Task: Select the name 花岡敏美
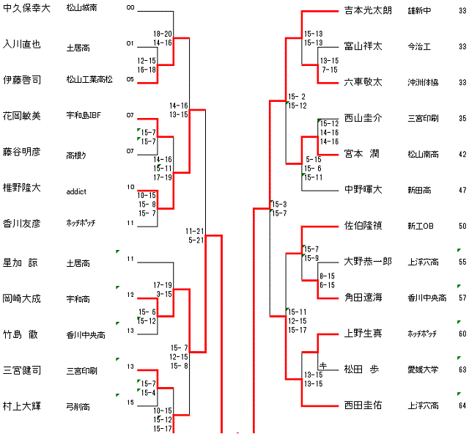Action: point(22,116)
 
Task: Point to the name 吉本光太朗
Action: point(367,11)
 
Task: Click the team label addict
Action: point(76,191)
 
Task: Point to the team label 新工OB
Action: point(421,227)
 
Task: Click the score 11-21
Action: point(196,231)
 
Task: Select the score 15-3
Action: point(278,204)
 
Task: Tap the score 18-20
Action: point(163,34)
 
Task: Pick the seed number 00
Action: point(130,8)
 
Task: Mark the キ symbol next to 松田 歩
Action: point(322,364)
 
